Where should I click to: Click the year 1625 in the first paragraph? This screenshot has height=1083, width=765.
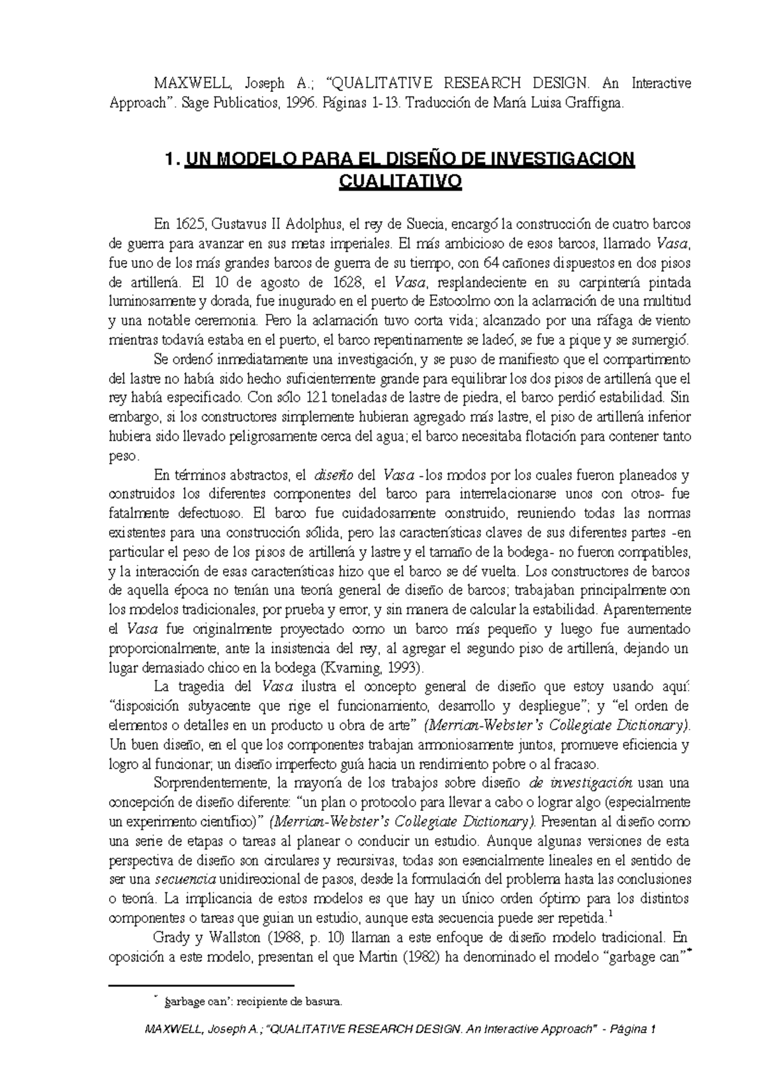[x=191, y=225]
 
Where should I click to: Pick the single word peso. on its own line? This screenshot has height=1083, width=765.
[x=124, y=456]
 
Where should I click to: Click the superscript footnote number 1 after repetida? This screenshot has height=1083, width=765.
[x=610, y=915]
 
